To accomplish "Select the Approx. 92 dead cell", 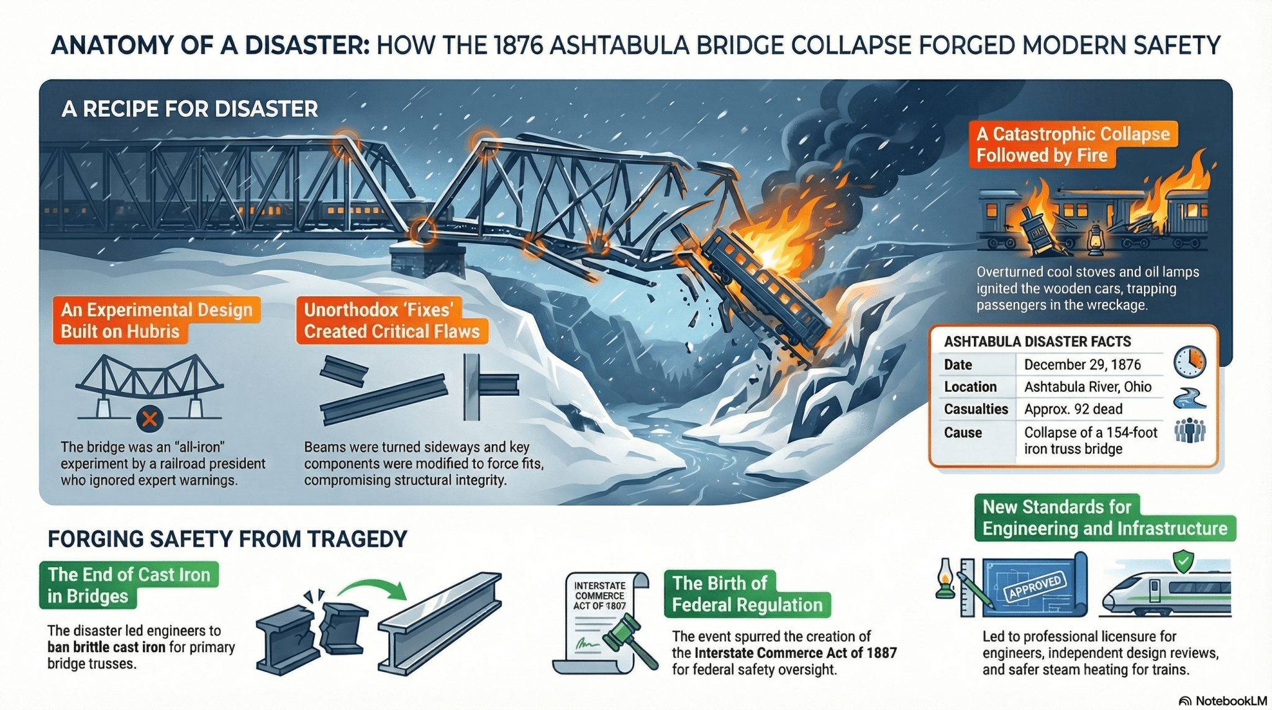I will [x=1073, y=409].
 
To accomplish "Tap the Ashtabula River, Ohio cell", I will [x=1088, y=387].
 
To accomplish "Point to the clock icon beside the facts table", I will [x=1189, y=361].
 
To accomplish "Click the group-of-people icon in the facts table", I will [x=1189, y=430].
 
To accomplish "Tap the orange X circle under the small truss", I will [x=149, y=419].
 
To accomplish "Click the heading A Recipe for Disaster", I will [x=189, y=109].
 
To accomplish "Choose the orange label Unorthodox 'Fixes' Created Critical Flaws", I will [x=391, y=321].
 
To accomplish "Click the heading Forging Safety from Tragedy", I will [x=227, y=539].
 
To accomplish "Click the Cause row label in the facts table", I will [x=963, y=433].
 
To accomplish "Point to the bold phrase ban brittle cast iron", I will [x=106, y=647].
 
